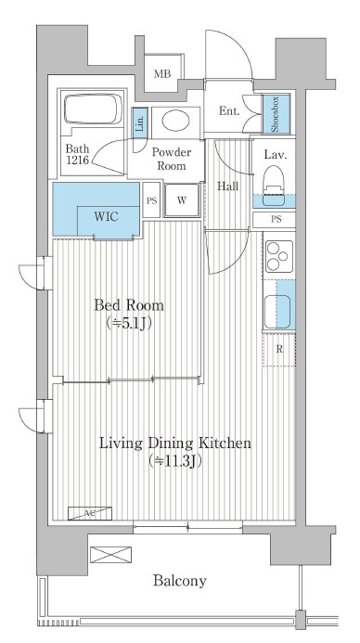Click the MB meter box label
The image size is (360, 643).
tap(162, 74)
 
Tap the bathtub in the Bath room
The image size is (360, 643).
tap(94, 109)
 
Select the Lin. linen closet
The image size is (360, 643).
tap(139, 122)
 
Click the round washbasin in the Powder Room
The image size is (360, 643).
tap(175, 121)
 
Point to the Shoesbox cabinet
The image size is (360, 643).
tap(276, 114)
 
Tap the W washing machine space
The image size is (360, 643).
tap(182, 200)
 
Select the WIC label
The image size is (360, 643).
tap(106, 216)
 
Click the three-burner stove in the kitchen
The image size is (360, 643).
tap(279, 256)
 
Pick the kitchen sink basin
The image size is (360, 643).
tap(277, 311)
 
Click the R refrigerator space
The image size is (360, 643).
tap(279, 350)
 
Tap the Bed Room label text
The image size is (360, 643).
tap(129, 305)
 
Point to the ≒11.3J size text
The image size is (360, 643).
tap(175, 461)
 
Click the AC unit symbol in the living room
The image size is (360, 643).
tap(90, 513)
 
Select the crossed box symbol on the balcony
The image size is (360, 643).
tap(110, 555)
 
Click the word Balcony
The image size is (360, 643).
tap(180, 580)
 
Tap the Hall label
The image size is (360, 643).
tap(227, 186)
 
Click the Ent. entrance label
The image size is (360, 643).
tap(229, 111)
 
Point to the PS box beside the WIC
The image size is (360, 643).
tap(152, 200)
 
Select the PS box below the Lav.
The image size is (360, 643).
tap(274, 219)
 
